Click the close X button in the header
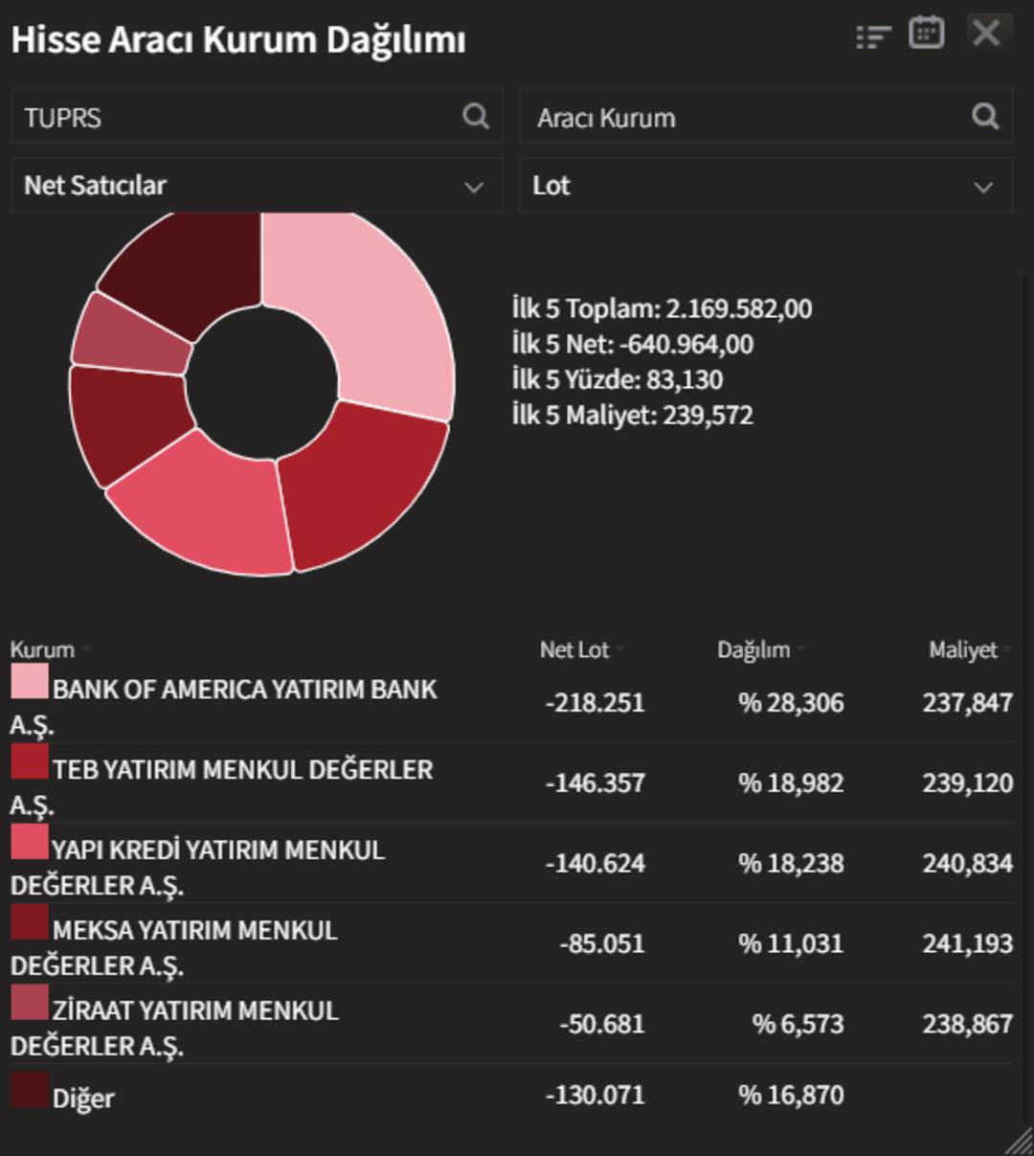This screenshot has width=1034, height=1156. click(x=986, y=34)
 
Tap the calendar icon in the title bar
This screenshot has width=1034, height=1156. click(x=926, y=34)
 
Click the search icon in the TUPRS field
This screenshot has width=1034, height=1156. click(x=476, y=117)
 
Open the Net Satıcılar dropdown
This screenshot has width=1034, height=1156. click(x=257, y=186)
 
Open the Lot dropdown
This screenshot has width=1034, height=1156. click(x=765, y=186)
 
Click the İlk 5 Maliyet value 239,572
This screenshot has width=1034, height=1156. click(x=708, y=416)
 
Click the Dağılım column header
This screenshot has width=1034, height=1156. click(x=753, y=650)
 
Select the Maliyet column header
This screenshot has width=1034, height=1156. click(x=963, y=650)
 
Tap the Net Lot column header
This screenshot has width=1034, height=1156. click(x=574, y=650)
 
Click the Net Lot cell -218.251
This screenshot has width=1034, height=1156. click(x=595, y=703)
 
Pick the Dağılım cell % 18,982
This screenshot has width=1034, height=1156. click(x=791, y=783)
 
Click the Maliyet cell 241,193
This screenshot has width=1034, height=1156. click(x=967, y=944)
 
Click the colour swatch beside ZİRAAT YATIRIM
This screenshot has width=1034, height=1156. click(x=29, y=1003)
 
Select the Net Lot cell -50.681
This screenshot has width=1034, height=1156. click(x=601, y=1025)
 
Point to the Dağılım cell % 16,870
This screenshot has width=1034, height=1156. click(x=791, y=1095)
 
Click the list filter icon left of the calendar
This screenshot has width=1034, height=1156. click(x=872, y=36)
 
